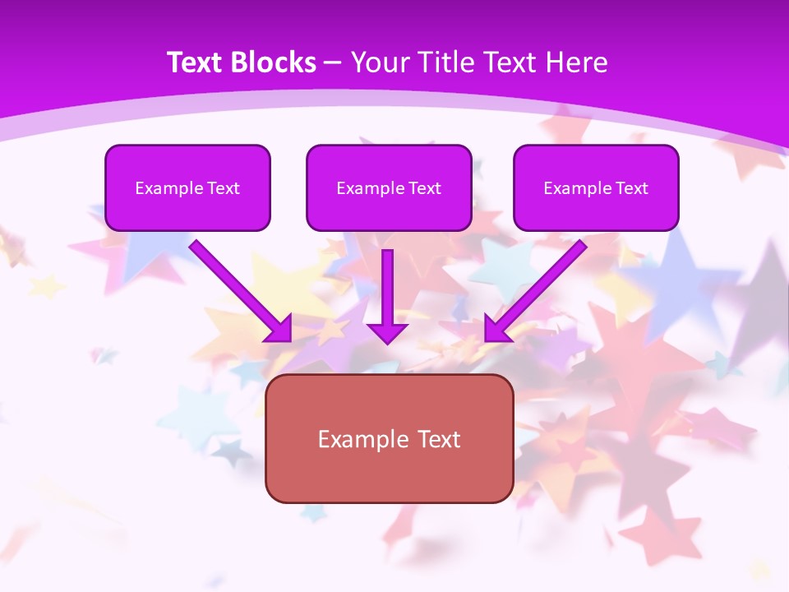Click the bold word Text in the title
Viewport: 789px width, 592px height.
[x=196, y=62]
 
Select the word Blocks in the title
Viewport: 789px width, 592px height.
[x=274, y=62]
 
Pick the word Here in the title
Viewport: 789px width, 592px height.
[x=577, y=62]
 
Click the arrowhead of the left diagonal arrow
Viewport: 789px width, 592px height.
[x=279, y=329]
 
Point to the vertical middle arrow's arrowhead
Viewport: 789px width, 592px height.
[x=387, y=333]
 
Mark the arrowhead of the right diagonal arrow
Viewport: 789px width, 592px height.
[x=496, y=329]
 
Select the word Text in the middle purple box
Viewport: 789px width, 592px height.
[x=425, y=188]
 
